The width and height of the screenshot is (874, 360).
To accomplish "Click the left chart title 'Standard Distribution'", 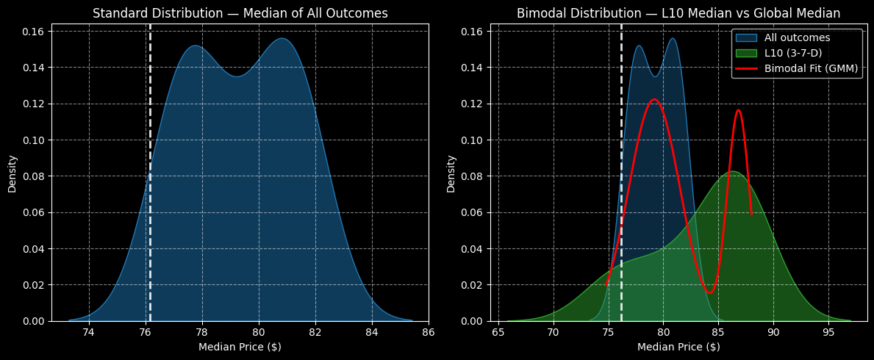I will click(x=240, y=13).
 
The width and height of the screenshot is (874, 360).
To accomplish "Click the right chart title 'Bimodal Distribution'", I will click(x=678, y=13).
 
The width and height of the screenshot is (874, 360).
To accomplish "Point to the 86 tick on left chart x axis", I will click(x=429, y=332).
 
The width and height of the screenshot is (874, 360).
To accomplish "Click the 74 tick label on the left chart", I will click(x=89, y=332).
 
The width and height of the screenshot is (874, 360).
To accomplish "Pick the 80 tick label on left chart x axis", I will click(x=259, y=332).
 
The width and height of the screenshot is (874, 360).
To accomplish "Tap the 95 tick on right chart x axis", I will click(x=828, y=332).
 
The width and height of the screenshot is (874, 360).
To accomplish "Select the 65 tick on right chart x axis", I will click(x=499, y=332).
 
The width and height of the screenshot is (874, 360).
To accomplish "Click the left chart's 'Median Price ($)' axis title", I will click(x=240, y=347).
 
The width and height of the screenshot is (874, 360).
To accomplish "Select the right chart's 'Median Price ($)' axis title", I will click(x=678, y=347).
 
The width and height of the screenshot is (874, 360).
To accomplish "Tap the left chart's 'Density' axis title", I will click(x=12, y=173).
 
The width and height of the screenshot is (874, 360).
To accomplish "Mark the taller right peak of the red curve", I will click(x=738, y=110).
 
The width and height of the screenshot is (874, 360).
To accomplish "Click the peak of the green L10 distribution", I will click(x=732, y=171).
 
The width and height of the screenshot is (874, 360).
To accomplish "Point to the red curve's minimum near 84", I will click(x=709, y=293).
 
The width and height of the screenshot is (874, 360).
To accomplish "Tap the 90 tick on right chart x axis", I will click(x=773, y=332).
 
